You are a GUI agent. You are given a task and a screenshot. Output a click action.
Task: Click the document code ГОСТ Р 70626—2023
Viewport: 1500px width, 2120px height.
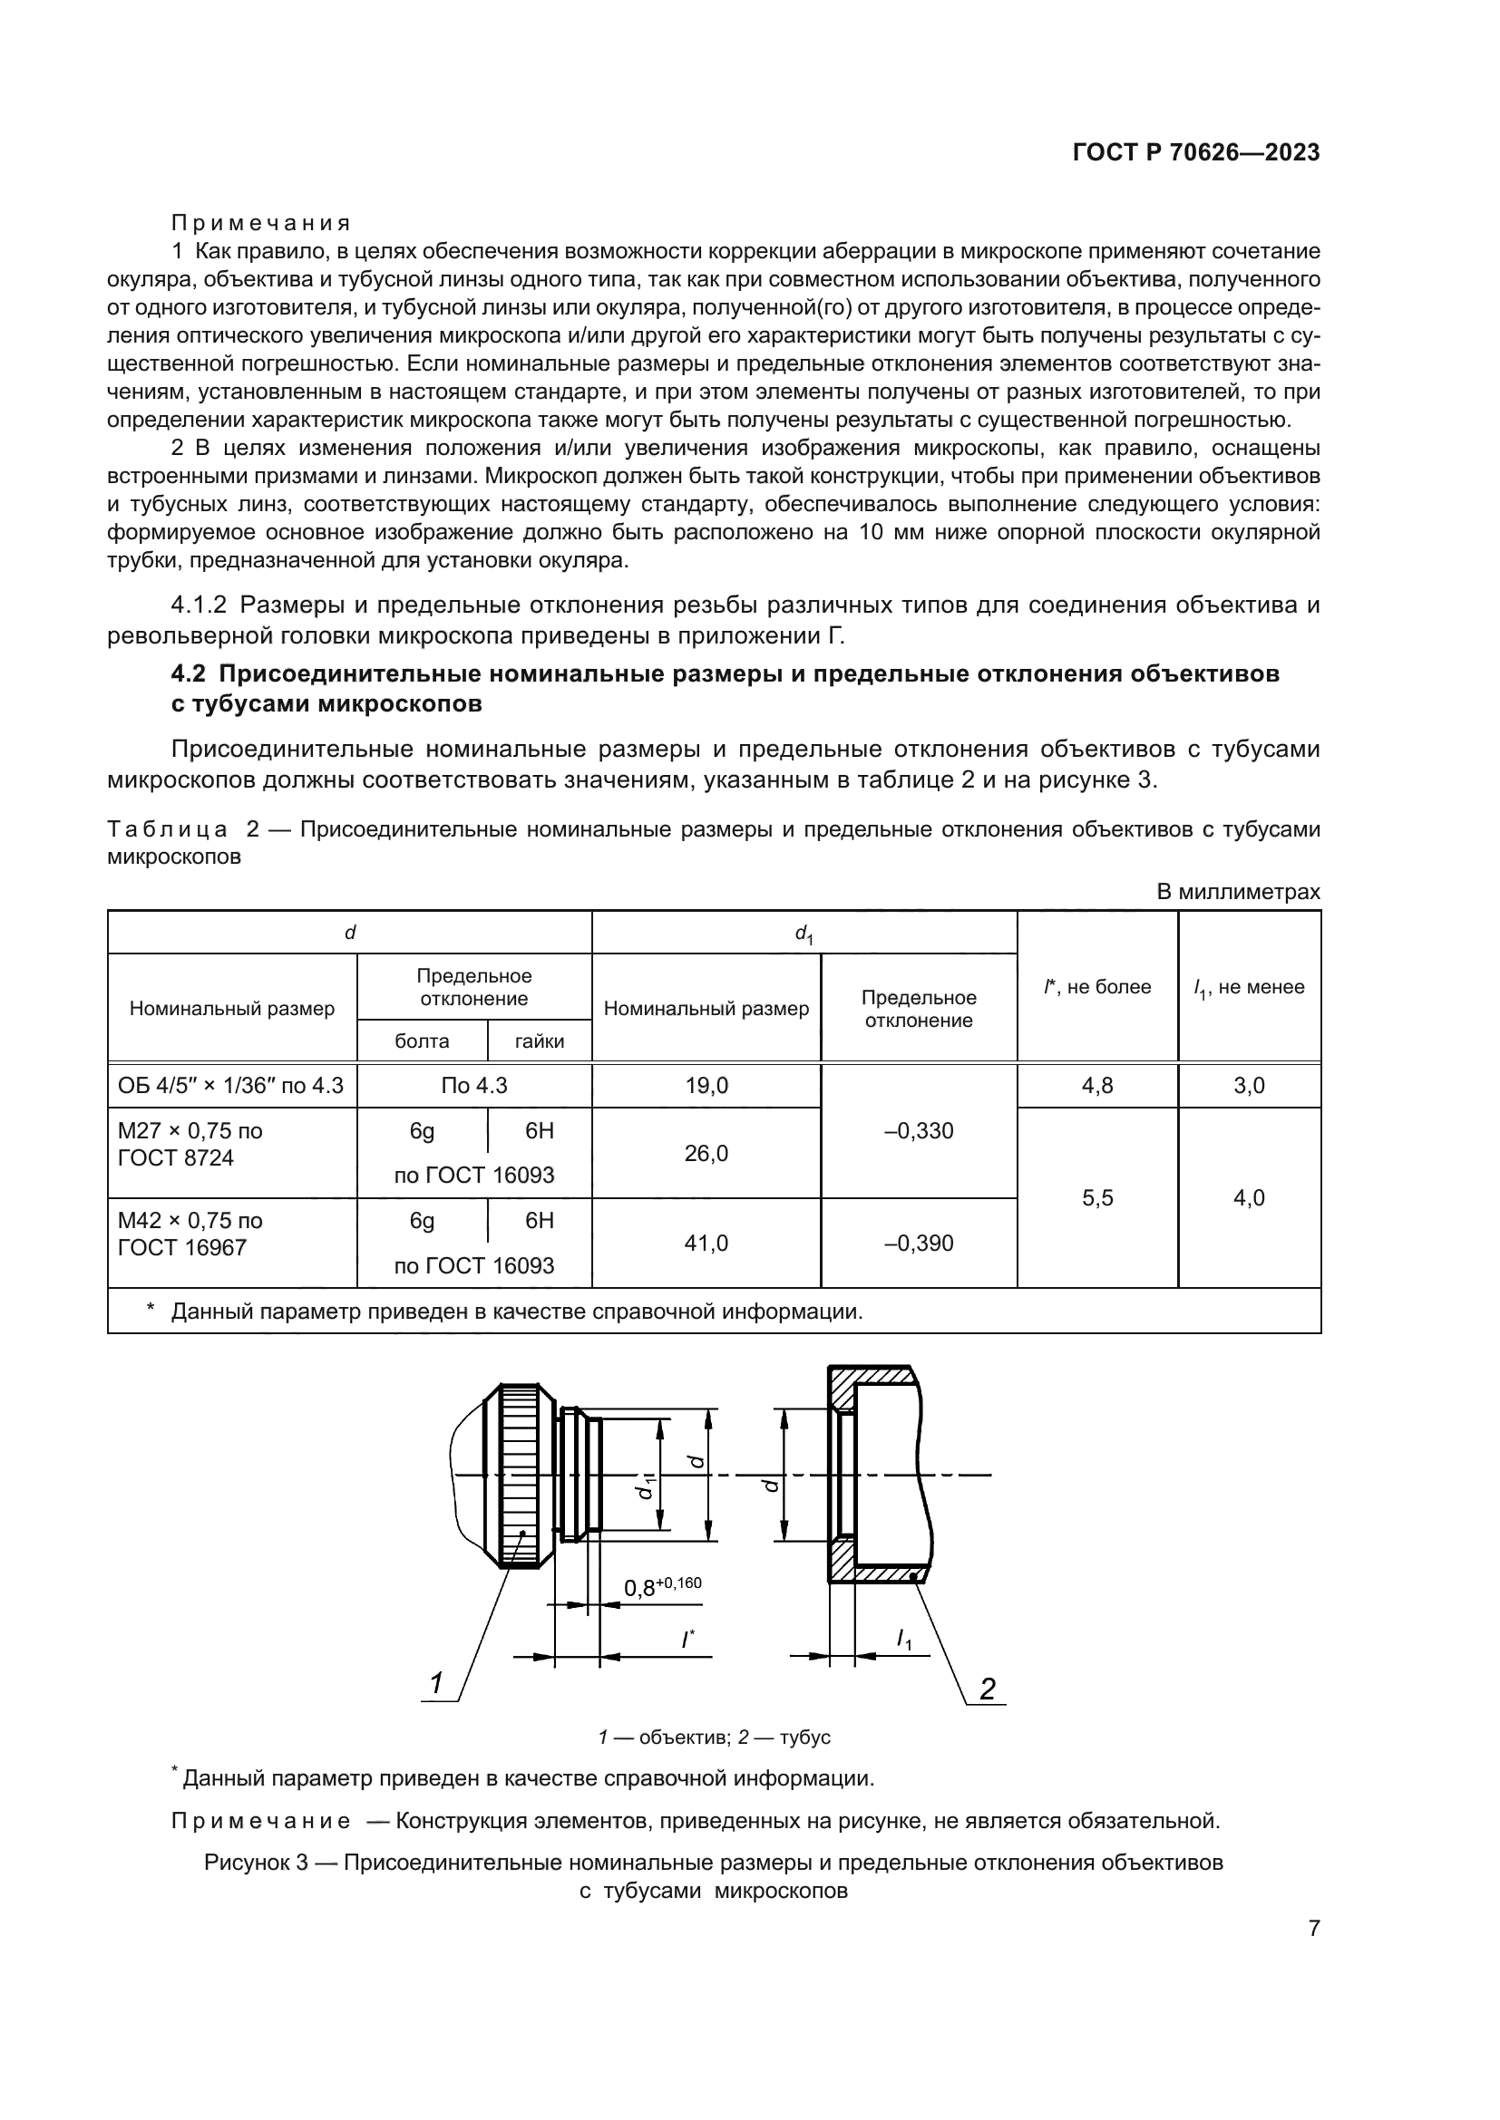point(1195,153)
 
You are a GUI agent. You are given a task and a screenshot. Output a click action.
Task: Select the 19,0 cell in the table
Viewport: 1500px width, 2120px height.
point(706,1086)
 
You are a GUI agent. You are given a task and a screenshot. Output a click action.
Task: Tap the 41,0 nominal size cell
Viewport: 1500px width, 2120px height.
point(706,1243)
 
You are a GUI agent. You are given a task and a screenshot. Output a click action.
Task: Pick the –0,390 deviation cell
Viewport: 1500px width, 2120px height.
point(918,1243)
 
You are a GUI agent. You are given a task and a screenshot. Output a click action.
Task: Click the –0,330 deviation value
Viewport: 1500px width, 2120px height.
point(918,1131)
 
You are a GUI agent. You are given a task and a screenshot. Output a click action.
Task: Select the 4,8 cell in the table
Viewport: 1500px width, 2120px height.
point(1096,1086)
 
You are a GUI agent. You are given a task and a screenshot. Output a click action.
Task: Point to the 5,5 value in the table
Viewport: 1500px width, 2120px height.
point(1096,1197)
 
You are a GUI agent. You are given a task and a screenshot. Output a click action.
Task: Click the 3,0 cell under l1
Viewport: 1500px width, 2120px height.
point(1249,1086)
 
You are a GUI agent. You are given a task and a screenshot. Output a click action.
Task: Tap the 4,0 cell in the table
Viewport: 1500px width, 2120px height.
point(1249,1197)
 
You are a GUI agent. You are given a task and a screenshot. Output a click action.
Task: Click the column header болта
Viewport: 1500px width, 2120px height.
point(421,1041)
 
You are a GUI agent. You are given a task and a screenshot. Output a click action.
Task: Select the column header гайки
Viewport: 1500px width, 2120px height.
point(540,1041)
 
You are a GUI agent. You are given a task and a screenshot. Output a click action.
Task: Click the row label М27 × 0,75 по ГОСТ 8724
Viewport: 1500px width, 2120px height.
point(190,1144)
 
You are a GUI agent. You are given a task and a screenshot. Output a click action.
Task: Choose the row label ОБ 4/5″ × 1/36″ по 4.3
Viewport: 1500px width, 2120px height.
point(231,1086)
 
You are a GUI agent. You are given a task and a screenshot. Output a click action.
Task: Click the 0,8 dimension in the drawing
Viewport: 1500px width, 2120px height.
point(639,1588)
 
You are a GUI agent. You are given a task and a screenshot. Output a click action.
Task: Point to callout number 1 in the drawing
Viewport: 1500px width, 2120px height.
point(436,1684)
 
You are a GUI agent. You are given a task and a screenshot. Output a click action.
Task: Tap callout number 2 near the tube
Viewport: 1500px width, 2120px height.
point(988,1689)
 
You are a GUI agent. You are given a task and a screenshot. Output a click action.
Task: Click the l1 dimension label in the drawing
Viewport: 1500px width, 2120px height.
point(904,1639)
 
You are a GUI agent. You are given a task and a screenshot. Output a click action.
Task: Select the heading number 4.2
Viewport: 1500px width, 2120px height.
point(191,674)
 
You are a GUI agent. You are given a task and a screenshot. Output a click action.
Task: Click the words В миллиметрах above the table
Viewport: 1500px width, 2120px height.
point(1238,892)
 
